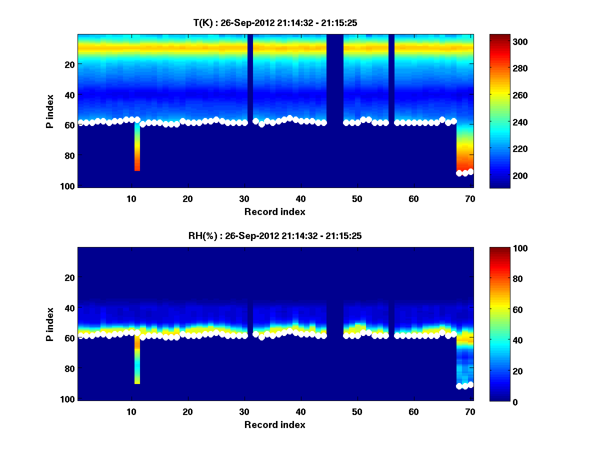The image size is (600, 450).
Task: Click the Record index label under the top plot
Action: (274, 212)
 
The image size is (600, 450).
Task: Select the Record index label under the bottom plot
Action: (274, 425)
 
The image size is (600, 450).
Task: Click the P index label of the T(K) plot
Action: (50, 111)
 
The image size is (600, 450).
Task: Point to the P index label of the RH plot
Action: (50, 324)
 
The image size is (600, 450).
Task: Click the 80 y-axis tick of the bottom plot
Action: (69, 368)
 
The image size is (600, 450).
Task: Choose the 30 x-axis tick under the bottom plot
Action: (244, 411)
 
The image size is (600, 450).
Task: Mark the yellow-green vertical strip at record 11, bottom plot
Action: (137, 367)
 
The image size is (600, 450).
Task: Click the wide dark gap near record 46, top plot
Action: (335, 100)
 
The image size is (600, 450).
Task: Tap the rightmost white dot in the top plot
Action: (470, 172)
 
